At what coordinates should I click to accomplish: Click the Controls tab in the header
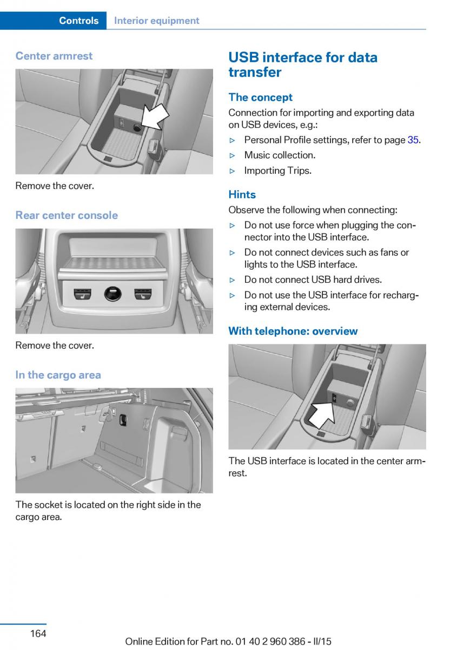click(78, 21)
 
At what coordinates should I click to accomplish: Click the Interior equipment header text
click(157, 21)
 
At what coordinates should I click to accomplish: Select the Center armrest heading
click(54, 56)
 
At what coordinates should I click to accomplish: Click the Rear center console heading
click(67, 215)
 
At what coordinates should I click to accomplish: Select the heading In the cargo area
click(58, 375)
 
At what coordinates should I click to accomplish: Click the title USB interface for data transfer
click(303, 64)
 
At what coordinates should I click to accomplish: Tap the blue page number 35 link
click(413, 140)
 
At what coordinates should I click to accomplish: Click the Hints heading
click(242, 194)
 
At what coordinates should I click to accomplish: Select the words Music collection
click(280, 155)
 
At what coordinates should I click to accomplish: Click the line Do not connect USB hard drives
click(313, 279)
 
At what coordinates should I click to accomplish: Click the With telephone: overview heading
click(293, 331)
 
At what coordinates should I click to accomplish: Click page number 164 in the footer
click(38, 633)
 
